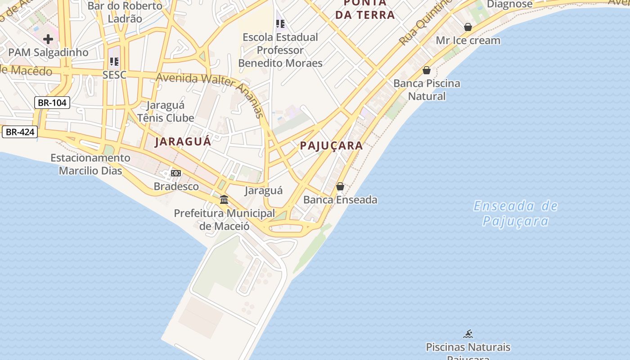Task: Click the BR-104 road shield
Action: (52, 103)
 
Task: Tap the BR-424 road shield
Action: (19, 132)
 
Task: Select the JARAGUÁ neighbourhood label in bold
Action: (183, 141)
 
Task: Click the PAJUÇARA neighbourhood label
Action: (331, 145)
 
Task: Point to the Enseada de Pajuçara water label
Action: (516, 213)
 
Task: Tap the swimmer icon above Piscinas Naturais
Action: (468, 334)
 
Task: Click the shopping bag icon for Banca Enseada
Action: (340, 186)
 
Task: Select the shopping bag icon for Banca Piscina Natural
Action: (427, 70)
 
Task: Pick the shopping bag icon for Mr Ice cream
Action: (468, 27)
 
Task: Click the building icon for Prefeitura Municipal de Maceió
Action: (224, 199)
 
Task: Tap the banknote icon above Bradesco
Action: (176, 173)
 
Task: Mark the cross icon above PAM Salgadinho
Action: (48, 39)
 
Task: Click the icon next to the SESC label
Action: (114, 62)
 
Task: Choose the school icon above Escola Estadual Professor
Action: (280, 23)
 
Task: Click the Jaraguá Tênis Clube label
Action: (166, 112)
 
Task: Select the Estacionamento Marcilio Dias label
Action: (90, 164)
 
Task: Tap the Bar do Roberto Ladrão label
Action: (125, 12)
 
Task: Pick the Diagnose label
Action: (510, 4)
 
